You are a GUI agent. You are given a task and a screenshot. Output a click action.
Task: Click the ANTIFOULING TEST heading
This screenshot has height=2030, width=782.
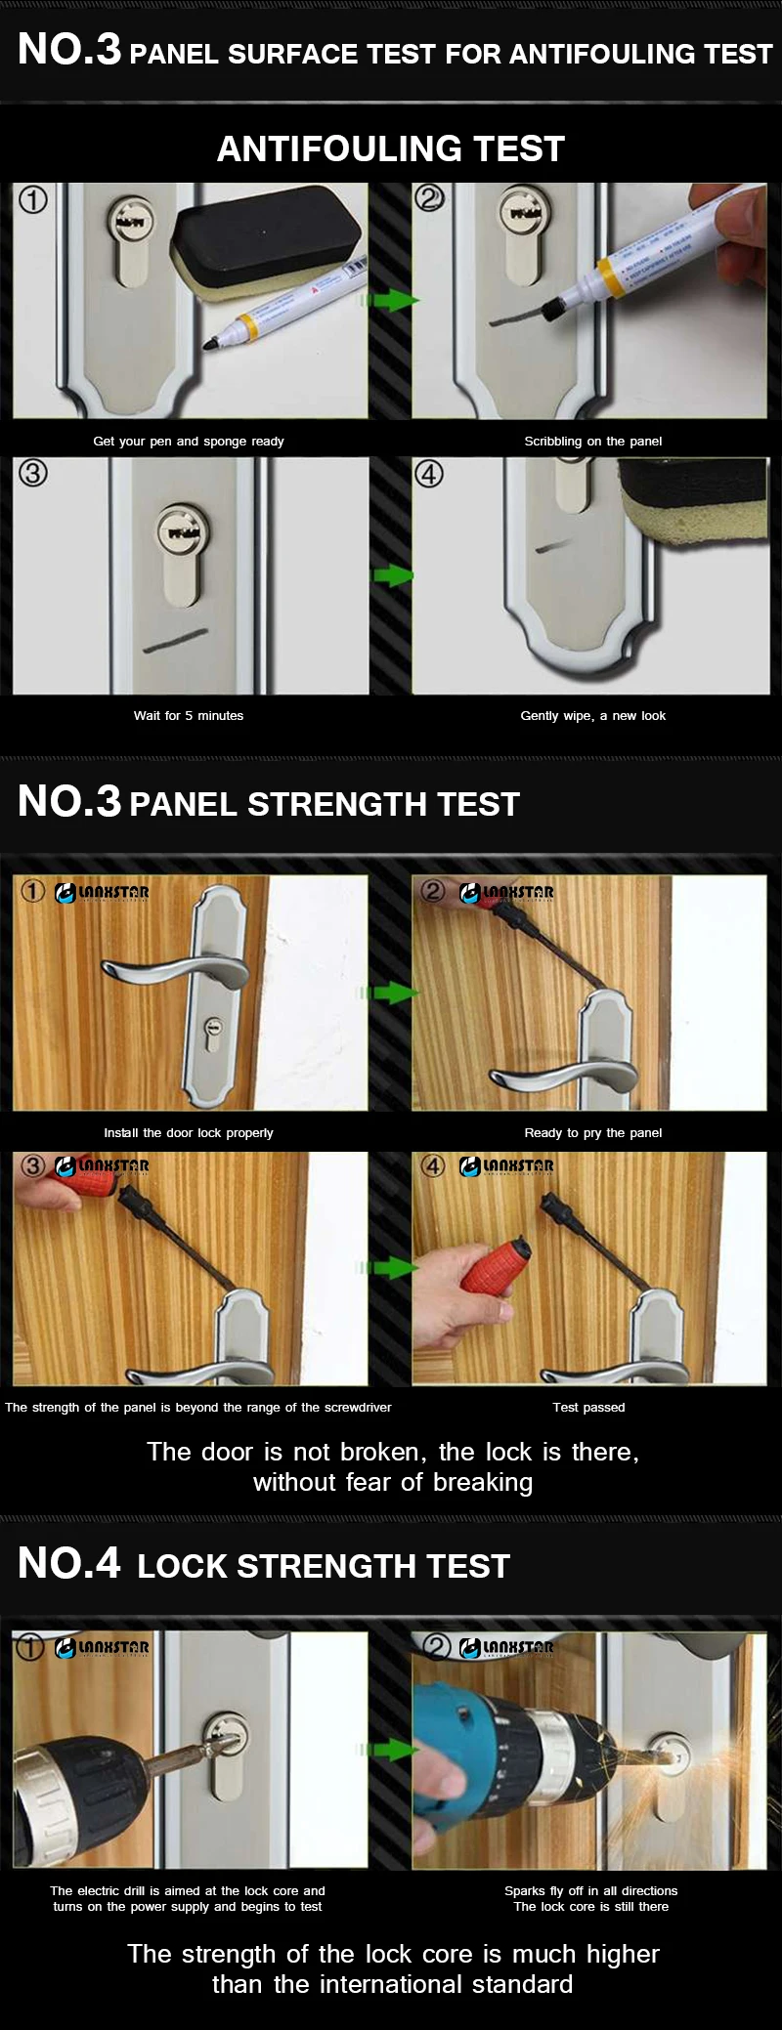coord(391,148)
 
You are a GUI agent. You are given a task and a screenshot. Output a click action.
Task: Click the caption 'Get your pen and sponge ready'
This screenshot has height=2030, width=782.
coord(189,442)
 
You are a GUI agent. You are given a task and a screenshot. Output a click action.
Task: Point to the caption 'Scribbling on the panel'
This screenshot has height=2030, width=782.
coord(593,442)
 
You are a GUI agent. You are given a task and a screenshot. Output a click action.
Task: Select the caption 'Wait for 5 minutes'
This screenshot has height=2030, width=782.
coord(189,716)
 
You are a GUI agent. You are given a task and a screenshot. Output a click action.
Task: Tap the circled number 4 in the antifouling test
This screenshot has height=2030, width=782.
coord(430,474)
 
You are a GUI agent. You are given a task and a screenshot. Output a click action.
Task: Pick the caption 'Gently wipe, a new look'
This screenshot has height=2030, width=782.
coord(593,716)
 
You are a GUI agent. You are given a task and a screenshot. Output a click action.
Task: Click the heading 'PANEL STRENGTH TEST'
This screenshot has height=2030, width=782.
coord(325,804)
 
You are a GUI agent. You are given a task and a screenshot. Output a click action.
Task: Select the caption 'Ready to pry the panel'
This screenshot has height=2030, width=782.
coord(593,1133)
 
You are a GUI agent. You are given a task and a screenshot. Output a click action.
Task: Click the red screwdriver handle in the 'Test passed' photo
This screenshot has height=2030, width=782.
coord(495,1273)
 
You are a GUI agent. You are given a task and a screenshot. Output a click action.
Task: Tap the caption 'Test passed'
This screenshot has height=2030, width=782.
coord(588,1408)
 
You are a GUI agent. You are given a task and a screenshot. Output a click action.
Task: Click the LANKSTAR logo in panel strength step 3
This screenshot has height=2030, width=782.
coord(103,1166)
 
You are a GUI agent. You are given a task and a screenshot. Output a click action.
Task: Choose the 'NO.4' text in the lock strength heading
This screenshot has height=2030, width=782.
coord(69,1563)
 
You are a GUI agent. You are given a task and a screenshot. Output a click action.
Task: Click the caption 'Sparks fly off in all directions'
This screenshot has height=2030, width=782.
coord(591,1891)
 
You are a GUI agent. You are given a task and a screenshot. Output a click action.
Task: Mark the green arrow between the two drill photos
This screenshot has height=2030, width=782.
coord(391,1749)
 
